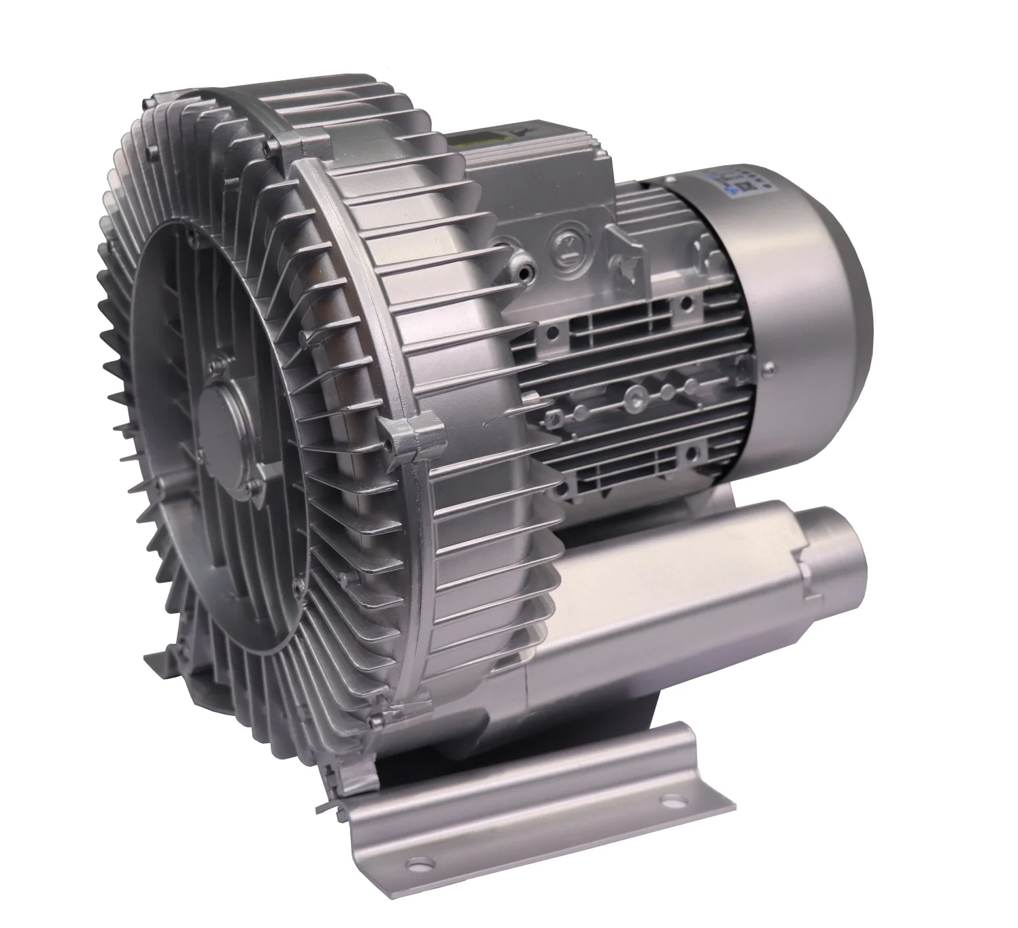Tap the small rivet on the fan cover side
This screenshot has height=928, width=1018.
click(x=769, y=370)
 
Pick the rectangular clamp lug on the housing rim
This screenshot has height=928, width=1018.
click(x=408, y=435)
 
